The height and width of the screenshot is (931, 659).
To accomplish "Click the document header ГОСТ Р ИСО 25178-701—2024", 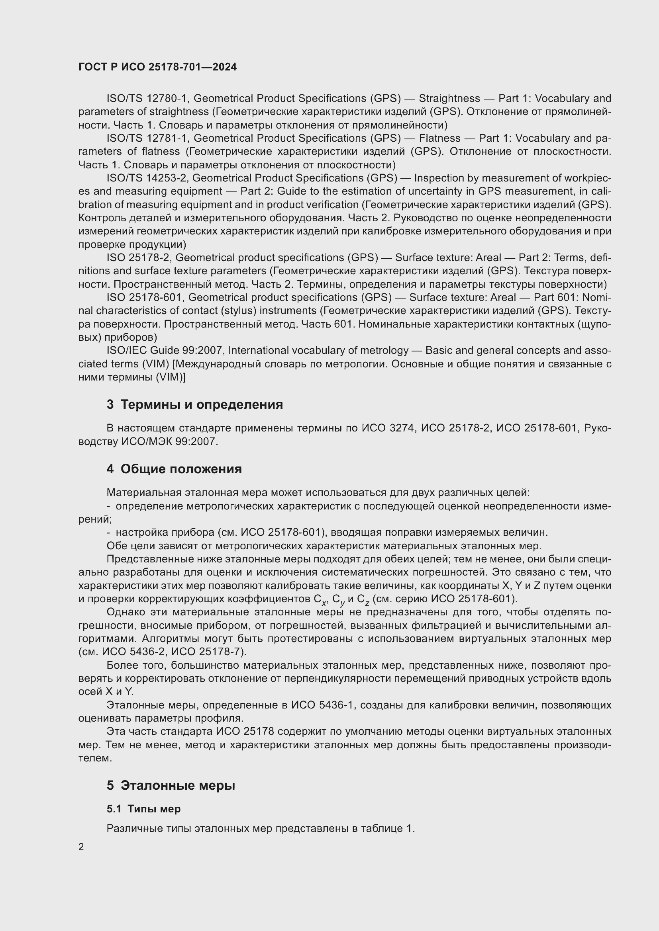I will (157, 67).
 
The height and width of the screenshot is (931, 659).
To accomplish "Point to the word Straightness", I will (449, 99).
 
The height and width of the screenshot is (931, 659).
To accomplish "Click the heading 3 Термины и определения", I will (195, 405).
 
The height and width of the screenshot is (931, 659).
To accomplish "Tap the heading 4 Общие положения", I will (174, 469).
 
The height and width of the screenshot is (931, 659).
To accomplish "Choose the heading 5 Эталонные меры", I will (171, 785).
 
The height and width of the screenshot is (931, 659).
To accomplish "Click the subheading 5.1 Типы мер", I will (144, 809).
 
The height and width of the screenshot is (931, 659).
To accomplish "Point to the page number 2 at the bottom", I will (81, 847).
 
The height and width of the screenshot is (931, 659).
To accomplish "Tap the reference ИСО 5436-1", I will (323, 705).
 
